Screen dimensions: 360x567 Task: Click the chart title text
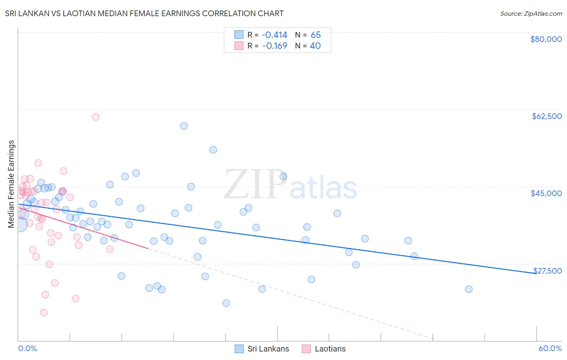(144, 13)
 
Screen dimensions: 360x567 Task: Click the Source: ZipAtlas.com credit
(531, 13)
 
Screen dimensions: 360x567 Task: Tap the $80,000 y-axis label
(546, 39)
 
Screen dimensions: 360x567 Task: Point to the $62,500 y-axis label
(546, 116)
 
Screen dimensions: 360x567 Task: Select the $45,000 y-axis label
(546, 193)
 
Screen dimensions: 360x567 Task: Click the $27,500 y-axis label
(547, 270)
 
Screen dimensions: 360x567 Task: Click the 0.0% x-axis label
(27, 348)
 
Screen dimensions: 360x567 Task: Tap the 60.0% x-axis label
(550, 348)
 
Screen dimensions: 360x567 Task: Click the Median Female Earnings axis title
(11, 184)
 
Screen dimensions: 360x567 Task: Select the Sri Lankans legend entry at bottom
(262, 349)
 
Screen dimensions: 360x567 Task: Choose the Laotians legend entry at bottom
(323, 349)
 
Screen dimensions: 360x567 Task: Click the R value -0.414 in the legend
(274, 35)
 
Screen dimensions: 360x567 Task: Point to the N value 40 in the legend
(315, 46)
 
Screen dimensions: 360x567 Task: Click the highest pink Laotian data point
(96, 117)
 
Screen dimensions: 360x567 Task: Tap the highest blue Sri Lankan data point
(184, 126)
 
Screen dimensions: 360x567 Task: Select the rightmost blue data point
(469, 289)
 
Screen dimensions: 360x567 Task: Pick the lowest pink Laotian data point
(44, 313)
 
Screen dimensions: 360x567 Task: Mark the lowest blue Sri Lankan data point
(226, 303)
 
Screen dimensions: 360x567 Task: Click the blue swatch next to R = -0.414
(239, 35)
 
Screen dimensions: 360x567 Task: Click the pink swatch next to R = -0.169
(239, 46)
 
